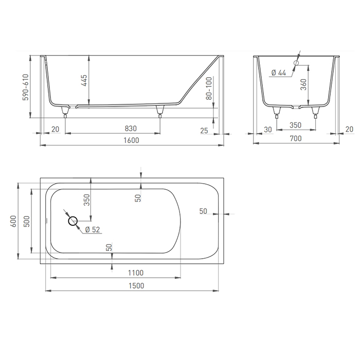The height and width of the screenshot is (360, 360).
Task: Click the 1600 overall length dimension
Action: pyautogui.click(x=131, y=140)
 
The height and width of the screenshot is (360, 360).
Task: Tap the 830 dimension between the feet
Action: pyautogui.click(x=131, y=129)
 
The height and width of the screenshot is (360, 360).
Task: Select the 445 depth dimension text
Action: pyautogui.click(x=84, y=80)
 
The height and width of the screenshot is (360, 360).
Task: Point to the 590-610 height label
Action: pyautogui.click(x=26, y=87)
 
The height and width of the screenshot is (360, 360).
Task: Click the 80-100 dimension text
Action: pyautogui.click(x=209, y=88)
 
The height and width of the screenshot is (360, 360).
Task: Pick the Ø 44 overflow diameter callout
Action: pyautogui.click(x=279, y=73)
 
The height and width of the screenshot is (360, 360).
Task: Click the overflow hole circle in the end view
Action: pyautogui.click(x=296, y=63)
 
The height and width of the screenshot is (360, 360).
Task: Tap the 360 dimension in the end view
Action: pyautogui.click(x=303, y=84)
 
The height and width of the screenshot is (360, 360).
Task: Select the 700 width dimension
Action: pyautogui.click(x=296, y=138)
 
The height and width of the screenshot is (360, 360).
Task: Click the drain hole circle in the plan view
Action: pyautogui.click(x=73, y=221)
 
